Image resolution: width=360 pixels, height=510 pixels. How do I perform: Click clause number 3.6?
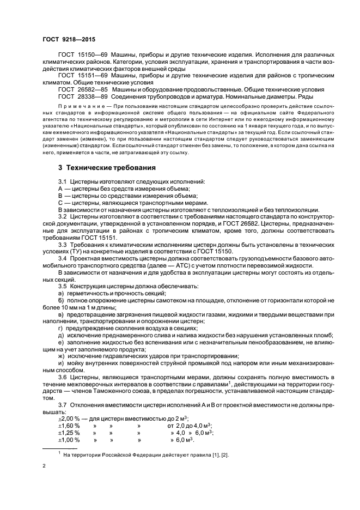[x=63, y=377]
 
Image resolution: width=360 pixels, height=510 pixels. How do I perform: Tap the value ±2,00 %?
[x=69, y=418]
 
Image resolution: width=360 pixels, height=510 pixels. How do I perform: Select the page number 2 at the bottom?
[x=44, y=467]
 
